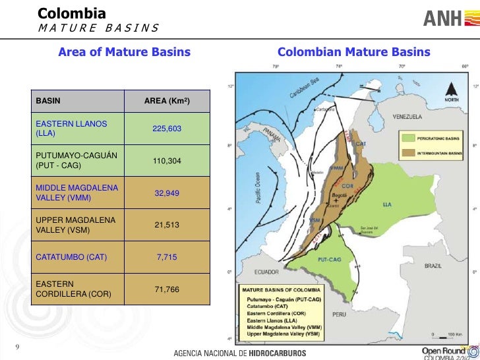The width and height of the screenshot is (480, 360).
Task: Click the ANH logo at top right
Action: pyautogui.click(x=446, y=18)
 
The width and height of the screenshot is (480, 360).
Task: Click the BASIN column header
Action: pyautogui.click(x=48, y=102)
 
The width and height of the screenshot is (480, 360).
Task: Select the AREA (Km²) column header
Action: pyautogui.click(x=167, y=102)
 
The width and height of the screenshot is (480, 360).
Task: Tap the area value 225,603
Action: pyautogui.click(x=167, y=129)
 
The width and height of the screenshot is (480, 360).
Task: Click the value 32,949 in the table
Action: pyautogui.click(x=167, y=193)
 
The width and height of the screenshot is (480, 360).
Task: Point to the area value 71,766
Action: pyautogui.click(x=167, y=289)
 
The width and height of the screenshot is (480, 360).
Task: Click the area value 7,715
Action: pyautogui.click(x=167, y=256)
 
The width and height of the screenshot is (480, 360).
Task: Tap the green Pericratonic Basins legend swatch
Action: pyautogui.click(x=407, y=140)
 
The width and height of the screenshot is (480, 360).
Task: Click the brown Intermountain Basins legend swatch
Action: pyautogui.click(x=407, y=151)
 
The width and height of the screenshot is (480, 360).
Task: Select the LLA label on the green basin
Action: pyautogui.click(x=387, y=204)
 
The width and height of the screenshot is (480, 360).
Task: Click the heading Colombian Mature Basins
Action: pyautogui.click(x=354, y=52)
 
